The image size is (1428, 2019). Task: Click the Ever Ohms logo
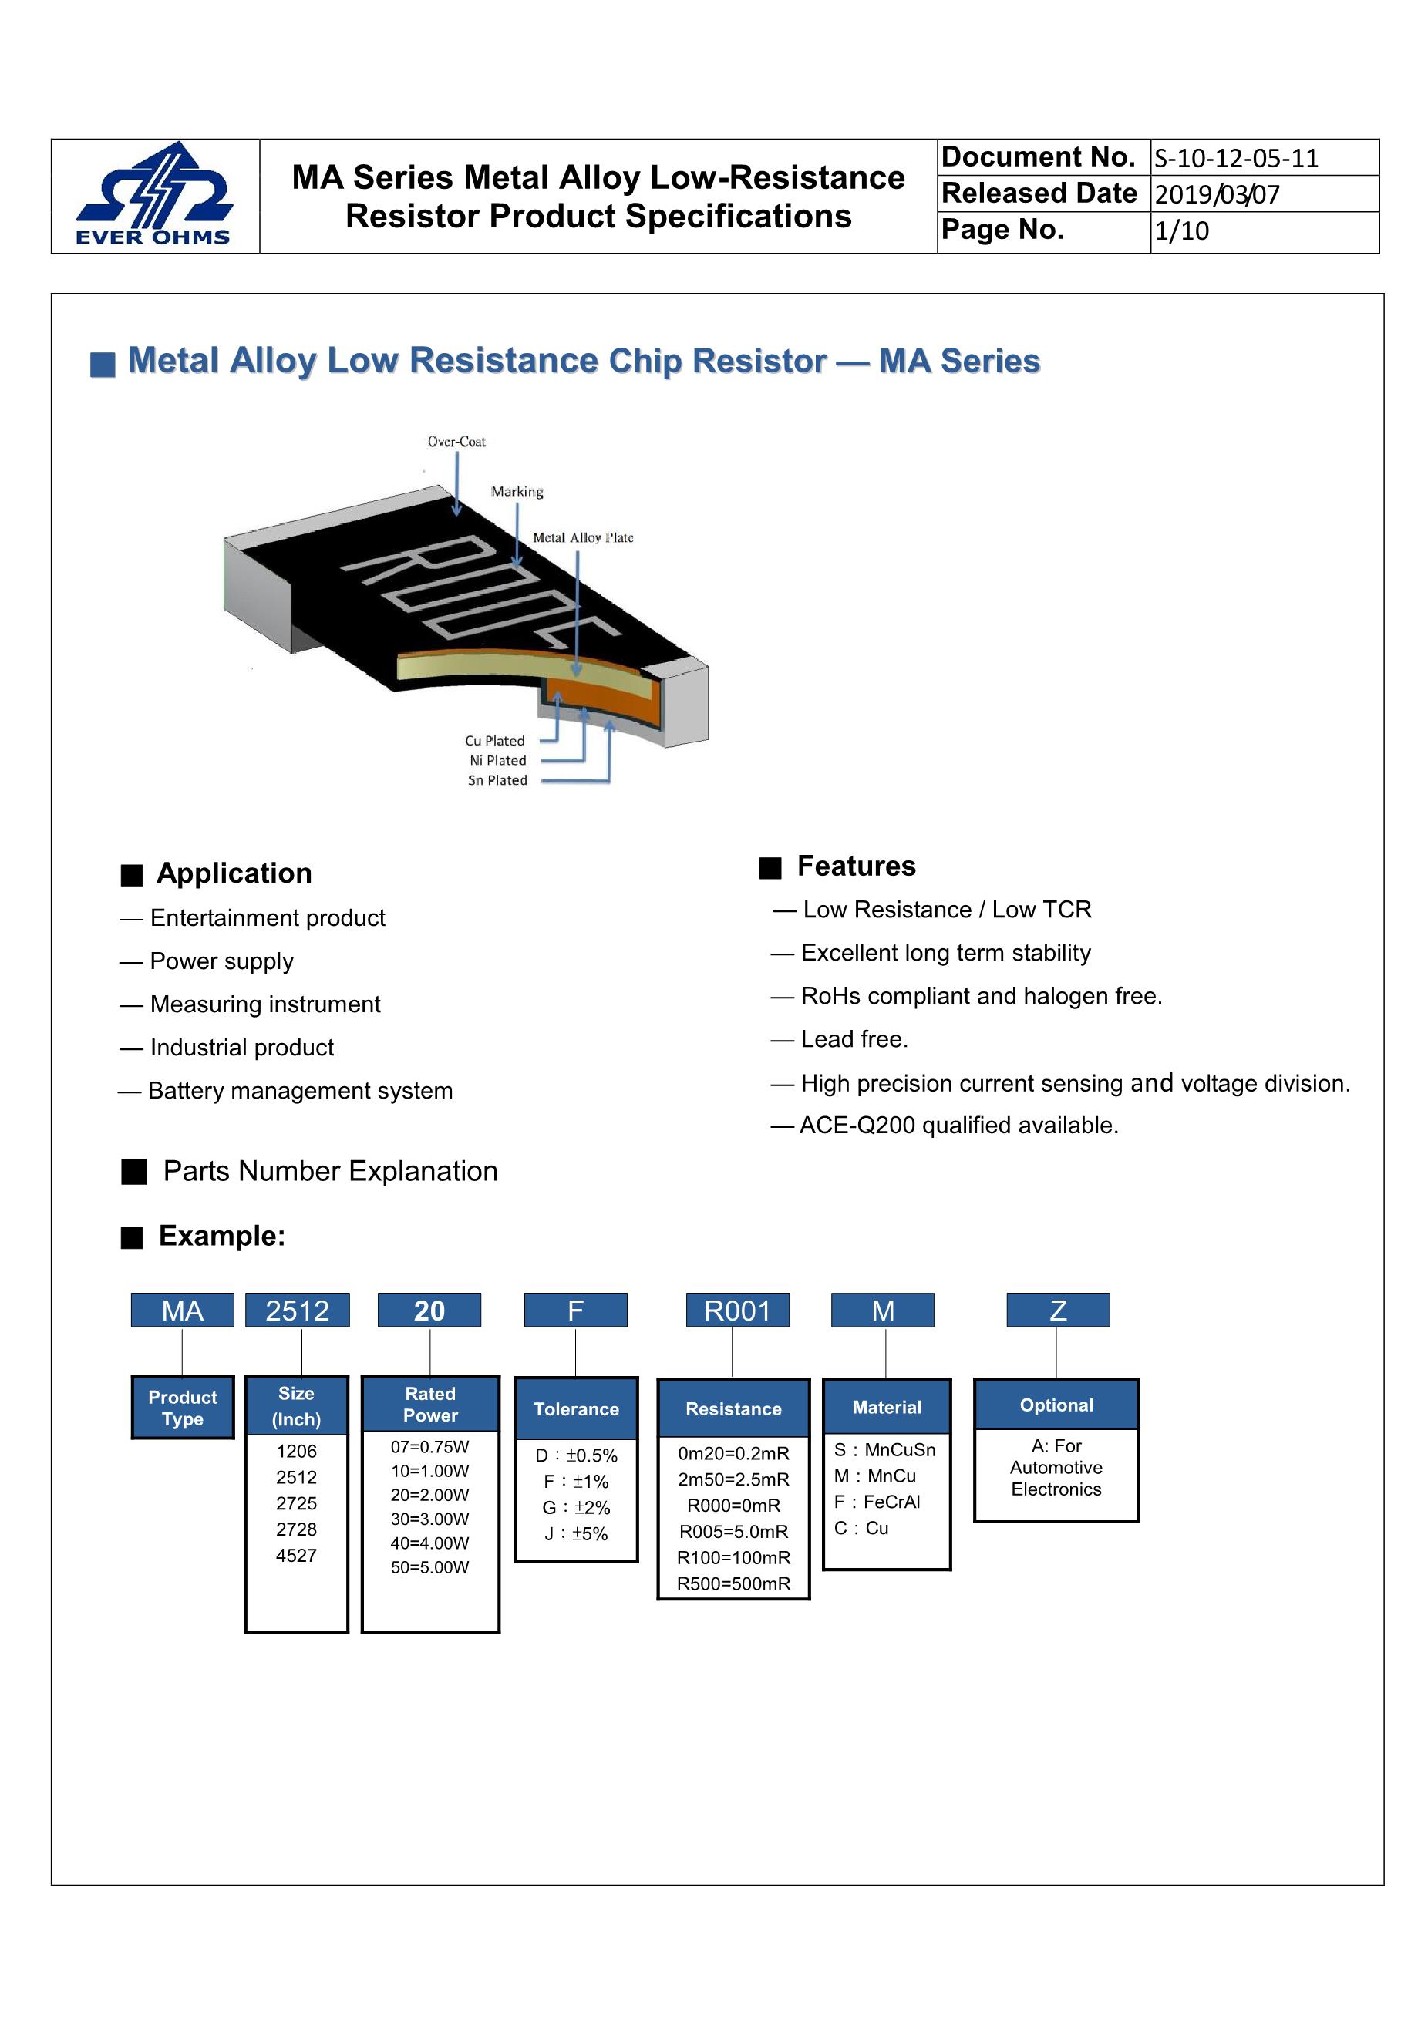click(155, 194)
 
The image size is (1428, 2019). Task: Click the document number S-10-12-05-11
click(1235, 158)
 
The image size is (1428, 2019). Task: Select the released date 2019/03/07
click(1217, 194)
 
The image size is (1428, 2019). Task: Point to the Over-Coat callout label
click(456, 442)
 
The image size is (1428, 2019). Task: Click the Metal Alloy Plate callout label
click(582, 537)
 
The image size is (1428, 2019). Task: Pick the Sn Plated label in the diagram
click(497, 780)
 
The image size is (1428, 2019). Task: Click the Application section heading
click(234, 873)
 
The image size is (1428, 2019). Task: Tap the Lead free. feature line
click(854, 1039)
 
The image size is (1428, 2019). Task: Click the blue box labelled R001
click(737, 1311)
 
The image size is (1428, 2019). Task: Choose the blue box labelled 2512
click(297, 1311)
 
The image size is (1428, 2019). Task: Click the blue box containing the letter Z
click(1058, 1311)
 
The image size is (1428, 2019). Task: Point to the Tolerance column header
click(576, 1408)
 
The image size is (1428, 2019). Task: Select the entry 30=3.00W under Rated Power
click(430, 1519)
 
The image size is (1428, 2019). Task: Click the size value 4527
click(296, 1555)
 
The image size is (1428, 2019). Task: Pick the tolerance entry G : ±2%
click(576, 1507)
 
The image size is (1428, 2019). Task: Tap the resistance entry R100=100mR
click(733, 1557)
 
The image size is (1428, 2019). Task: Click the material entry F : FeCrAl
click(877, 1502)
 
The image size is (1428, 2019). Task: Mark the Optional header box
click(1056, 1405)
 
